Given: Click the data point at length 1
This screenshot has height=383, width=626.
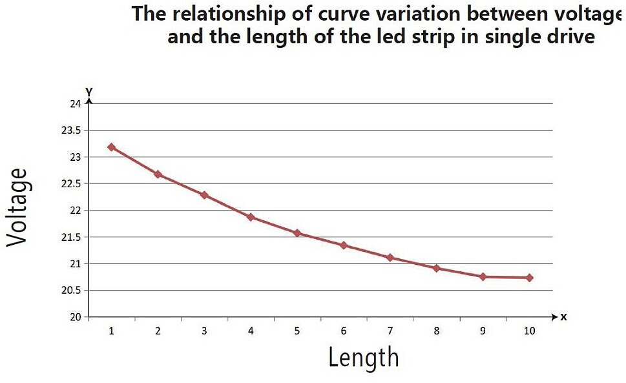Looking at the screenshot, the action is tap(111, 147).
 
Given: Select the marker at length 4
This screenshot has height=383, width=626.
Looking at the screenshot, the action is tap(251, 217).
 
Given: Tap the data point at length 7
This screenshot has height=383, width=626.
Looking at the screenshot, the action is tap(390, 258).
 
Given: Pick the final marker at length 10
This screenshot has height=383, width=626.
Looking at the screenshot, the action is tap(529, 278).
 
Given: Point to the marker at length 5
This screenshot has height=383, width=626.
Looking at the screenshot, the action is tap(297, 233).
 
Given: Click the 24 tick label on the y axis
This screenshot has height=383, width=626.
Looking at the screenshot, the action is tap(76, 104).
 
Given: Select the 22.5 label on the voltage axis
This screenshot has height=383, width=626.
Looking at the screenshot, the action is tap(71, 184).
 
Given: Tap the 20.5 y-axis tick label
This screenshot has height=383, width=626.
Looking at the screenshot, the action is tap(71, 291).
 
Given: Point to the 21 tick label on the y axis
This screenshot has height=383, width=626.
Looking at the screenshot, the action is tap(76, 264).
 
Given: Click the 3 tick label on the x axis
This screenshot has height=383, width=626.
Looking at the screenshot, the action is tap(204, 331).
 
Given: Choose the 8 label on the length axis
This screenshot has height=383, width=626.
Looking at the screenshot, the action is tap(436, 331).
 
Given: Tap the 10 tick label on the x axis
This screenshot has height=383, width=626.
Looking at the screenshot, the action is tap(529, 331).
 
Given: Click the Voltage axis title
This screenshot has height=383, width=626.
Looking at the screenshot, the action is tap(17, 207).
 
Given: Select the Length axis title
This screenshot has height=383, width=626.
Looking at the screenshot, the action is tap(363, 357).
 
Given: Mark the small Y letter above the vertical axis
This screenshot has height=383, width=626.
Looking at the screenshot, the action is tap(89, 92).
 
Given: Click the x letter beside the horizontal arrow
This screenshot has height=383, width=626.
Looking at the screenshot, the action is tap(563, 317).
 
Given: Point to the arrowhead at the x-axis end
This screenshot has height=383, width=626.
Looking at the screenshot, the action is tap(554, 316).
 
